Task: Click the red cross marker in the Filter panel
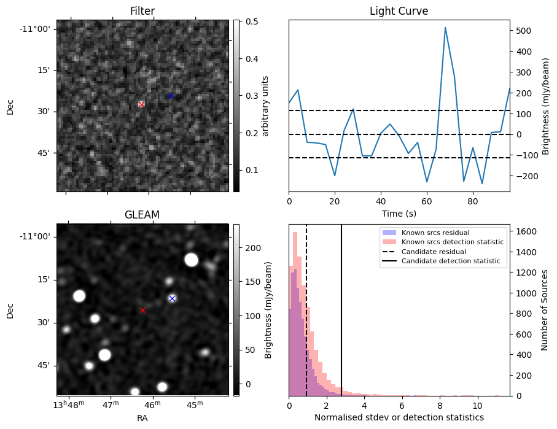[x=141, y=104]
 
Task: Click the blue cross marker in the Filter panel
[x=171, y=96]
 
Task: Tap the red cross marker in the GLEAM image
[x=142, y=310]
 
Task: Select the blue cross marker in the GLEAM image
[x=172, y=298]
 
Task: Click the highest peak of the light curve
[x=445, y=28]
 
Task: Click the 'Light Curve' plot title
[x=399, y=11]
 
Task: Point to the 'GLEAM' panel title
[x=142, y=214]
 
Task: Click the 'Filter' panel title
[x=142, y=11]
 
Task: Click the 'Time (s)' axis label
[x=399, y=213]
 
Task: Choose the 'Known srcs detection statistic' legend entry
[x=452, y=242]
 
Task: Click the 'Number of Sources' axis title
[x=544, y=310]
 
